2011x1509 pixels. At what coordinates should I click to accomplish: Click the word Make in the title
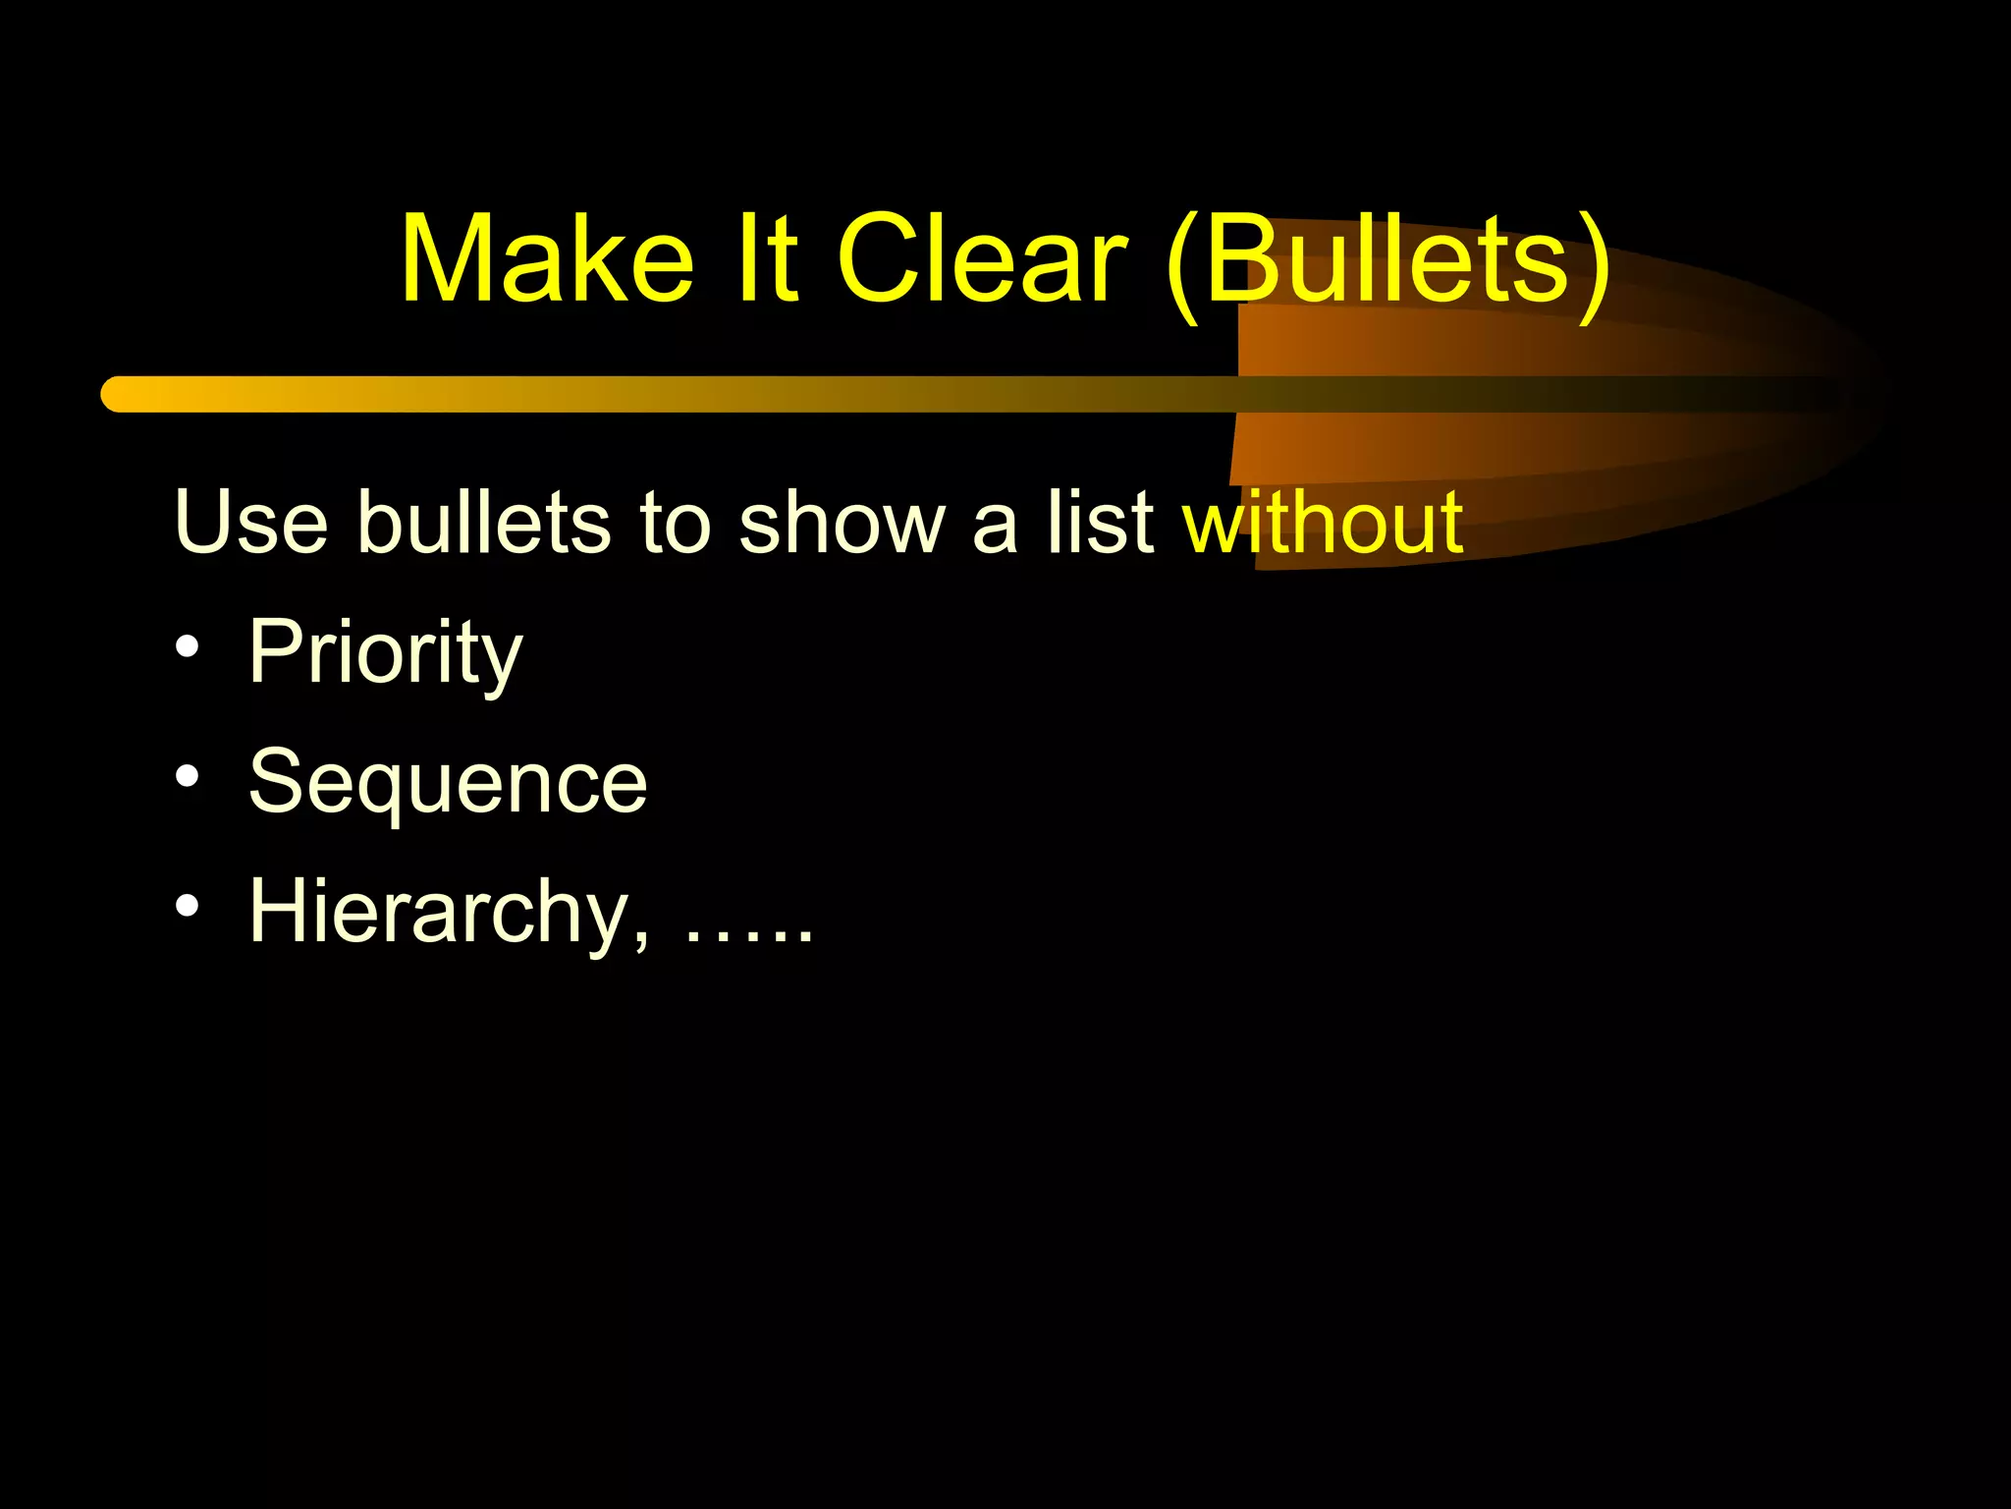[547, 259]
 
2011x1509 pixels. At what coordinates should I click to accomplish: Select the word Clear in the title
[981, 259]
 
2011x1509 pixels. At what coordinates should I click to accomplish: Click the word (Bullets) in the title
[1388, 261]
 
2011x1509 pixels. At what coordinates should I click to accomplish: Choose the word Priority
[385, 653]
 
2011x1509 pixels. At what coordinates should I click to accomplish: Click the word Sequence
[448, 783]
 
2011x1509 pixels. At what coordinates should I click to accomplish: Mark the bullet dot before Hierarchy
[187, 907]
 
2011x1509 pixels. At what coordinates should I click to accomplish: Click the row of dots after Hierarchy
[748, 938]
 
